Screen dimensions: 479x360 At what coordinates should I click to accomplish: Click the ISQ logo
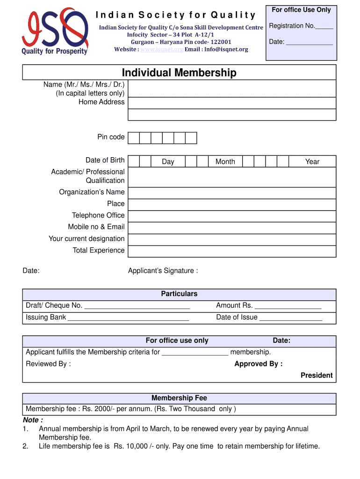pyautogui.click(x=54, y=31)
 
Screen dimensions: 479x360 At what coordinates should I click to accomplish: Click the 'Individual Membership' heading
pyautogui.click(x=179, y=73)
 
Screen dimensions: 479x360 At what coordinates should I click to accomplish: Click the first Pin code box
pyautogui.click(x=134, y=138)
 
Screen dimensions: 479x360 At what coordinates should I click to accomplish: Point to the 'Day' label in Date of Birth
pyautogui.click(x=168, y=161)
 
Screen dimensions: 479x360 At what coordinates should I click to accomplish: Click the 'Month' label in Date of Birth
pyautogui.click(x=225, y=161)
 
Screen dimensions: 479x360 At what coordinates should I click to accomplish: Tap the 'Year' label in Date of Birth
pyautogui.click(x=312, y=161)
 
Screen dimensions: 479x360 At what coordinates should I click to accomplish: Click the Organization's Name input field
pyautogui.click(x=231, y=193)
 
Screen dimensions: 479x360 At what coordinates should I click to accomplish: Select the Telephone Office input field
pyautogui.click(x=231, y=216)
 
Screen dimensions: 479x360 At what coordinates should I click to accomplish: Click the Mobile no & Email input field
pyautogui.click(x=231, y=228)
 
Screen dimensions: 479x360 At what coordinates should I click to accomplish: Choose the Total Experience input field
pyautogui.click(x=231, y=251)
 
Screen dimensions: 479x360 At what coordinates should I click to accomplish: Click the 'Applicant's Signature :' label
pyautogui.click(x=163, y=271)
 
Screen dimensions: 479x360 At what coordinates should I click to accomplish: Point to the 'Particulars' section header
pyautogui.click(x=179, y=294)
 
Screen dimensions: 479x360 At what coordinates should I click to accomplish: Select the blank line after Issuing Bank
pyautogui.click(x=128, y=319)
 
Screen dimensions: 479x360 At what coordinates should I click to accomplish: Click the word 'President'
pyautogui.click(x=317, y=375)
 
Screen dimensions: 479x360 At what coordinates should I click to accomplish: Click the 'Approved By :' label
pyautogui.click(x=258, y=364)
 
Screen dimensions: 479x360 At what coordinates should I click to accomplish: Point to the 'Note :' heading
pyautogui.click(x=33, y=420)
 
